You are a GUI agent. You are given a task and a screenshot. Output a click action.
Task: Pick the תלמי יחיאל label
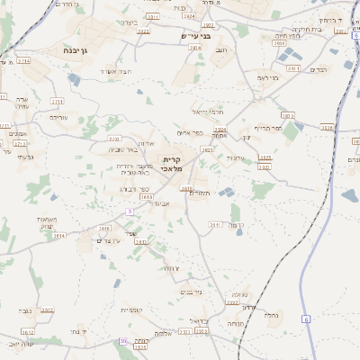[x=207, y=112]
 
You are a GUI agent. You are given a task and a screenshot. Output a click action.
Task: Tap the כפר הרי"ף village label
[x=268, y=128]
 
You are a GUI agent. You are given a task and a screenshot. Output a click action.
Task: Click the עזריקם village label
[x=58, y=117]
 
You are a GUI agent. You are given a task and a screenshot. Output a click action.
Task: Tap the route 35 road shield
[x=122, y=341]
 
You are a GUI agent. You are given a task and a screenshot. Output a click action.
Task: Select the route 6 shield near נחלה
[x=305, y=319]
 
